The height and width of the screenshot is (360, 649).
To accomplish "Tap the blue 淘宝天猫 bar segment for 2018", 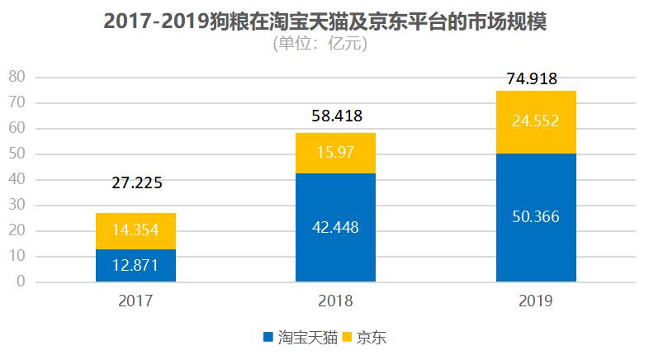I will [335, 228].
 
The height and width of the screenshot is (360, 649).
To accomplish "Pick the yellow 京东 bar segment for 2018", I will [335, 154].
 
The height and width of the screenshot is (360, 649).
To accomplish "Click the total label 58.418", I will [335, 116].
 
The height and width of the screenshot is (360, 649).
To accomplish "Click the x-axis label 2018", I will [335, 301].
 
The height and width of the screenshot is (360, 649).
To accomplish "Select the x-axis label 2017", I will [136, 301].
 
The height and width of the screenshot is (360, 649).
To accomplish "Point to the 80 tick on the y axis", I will [18, 78].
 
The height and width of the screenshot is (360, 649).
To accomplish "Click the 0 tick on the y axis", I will [22, 282].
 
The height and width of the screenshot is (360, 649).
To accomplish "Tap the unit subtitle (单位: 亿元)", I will [320, 44].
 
